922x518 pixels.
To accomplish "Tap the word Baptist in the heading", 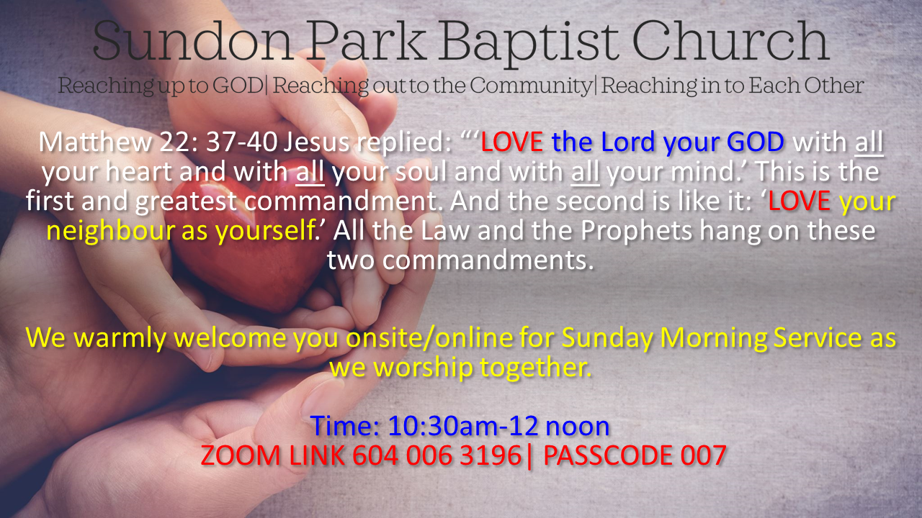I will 522,42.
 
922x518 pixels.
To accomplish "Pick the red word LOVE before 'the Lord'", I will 511,142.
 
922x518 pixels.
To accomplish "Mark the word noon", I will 578,427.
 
